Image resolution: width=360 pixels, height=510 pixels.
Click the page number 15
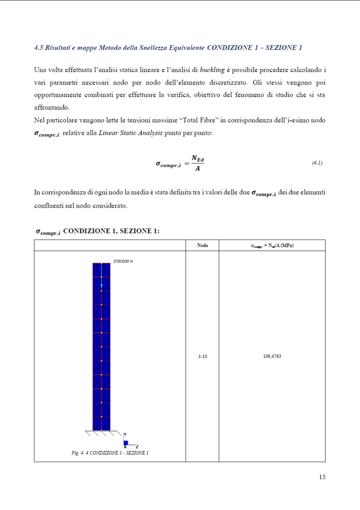click(x=322, y=477)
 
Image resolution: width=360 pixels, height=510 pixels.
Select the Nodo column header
click(x=202, y=245)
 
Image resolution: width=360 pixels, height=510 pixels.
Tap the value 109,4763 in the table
click(x=272, y=356)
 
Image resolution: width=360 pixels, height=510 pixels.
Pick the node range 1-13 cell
click(x=202, y=356)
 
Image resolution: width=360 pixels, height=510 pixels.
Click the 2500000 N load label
click(x=123, y=261)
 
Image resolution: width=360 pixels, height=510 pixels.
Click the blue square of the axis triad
click(x=126, y=442)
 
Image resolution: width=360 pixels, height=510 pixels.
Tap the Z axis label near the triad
click(x=137, y=446)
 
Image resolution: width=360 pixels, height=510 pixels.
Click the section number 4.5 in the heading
click(x=39, y=48)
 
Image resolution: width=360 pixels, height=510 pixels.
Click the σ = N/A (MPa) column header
click(x=272, y=245)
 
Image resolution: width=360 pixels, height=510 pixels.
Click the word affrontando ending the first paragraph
click(x=52, y=108)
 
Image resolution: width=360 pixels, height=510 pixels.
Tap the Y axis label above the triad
click(x=125, y=434)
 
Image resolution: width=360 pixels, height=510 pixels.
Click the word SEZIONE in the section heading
click(x=283, y=48)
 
